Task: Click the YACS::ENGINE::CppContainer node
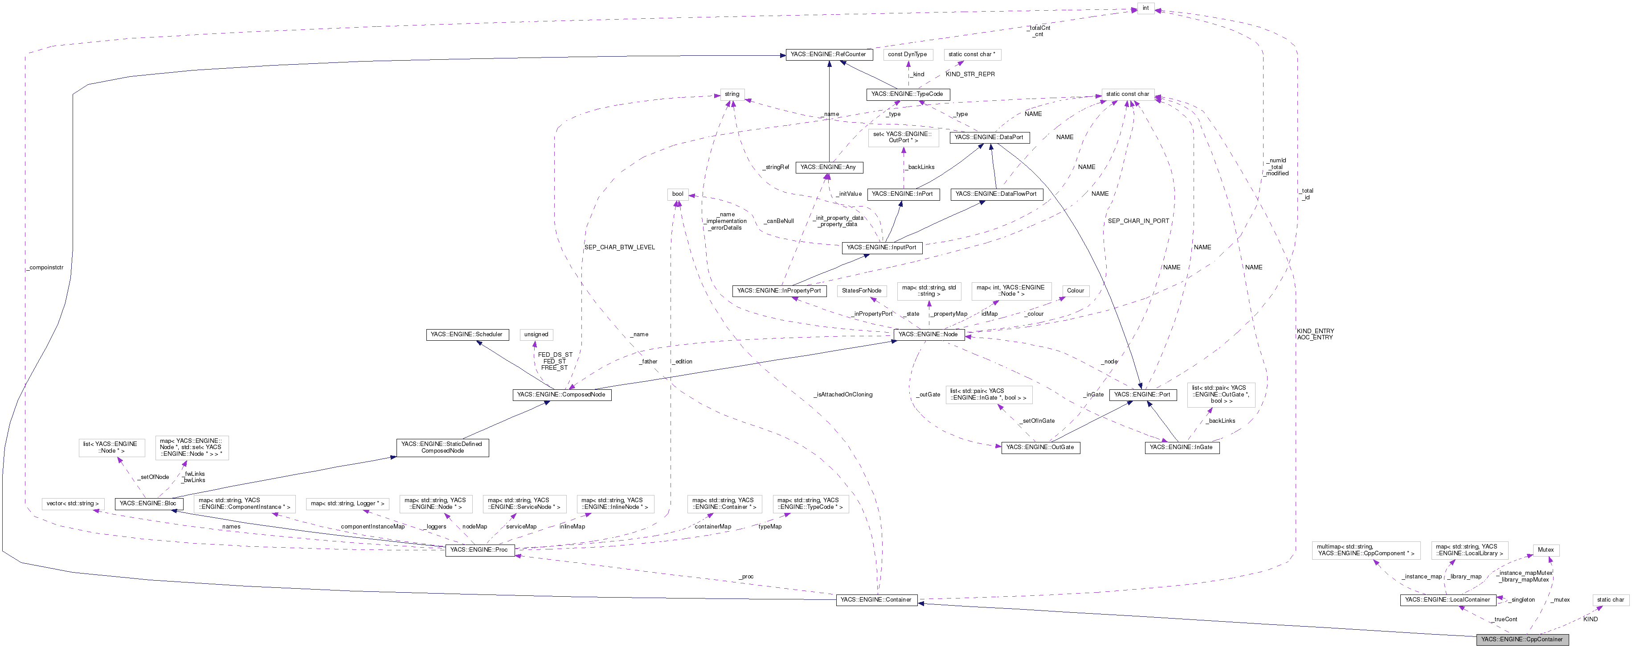coord(1522,639)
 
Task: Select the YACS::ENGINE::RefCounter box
coord(829,54)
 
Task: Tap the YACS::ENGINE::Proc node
coord(479,550)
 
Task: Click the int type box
coord(1145,8)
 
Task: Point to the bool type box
coord(677,194)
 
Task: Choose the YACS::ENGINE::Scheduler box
coord(466,334)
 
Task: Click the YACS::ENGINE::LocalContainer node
coord(1448,600)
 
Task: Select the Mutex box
coord(1546,550)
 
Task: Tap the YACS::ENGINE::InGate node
coord(1181,447)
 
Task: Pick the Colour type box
coord(1075,290)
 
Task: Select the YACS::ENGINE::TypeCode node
coord(907,94)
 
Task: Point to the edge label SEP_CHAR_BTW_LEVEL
coord(619,247)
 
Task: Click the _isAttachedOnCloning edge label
coord(843,394)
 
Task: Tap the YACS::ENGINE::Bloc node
coord(148,504)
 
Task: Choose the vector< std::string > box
coord(72,504)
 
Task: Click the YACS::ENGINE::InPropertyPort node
coord(779,290)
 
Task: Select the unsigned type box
coord(536,334)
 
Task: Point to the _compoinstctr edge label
coord(45,268)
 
